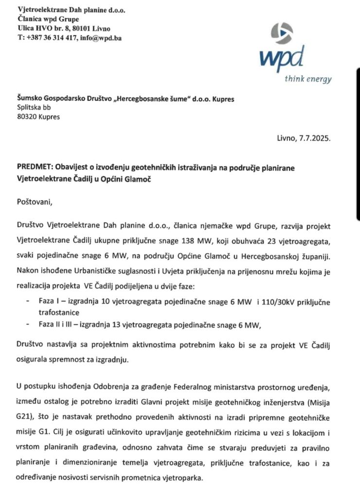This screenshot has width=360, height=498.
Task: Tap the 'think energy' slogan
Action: tap(308, 79)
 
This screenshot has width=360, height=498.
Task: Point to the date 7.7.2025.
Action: tap(313, 138)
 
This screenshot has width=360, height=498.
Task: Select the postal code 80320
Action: tap(26, 117)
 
